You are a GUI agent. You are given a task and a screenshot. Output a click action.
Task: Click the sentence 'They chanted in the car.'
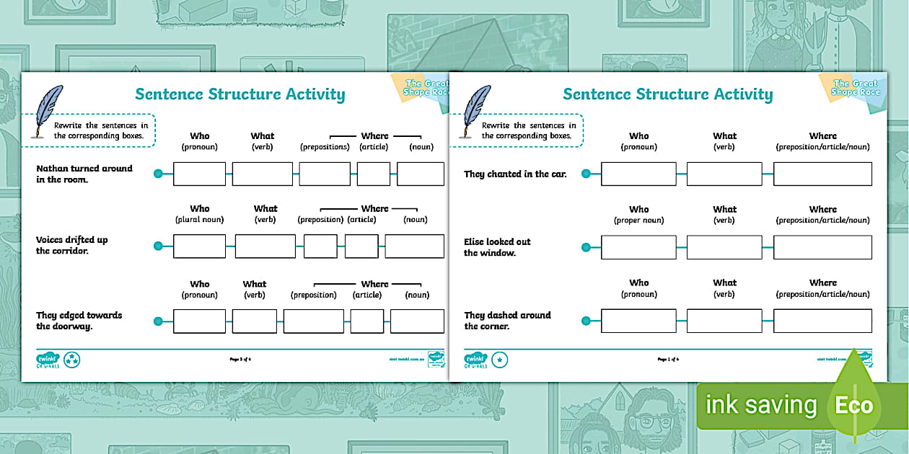(515, 174)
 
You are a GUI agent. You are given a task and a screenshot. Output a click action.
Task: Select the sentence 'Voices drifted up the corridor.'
(72, 245)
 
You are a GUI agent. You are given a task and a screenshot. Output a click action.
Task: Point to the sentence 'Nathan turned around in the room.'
(84, 174)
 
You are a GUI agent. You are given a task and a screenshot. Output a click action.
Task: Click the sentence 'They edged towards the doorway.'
(79, 321)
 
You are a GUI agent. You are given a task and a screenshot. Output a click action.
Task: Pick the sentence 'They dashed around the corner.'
(507, 321)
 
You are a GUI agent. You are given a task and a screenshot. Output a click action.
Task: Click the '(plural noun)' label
(200, 220)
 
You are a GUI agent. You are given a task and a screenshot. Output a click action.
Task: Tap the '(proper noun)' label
(638, 221)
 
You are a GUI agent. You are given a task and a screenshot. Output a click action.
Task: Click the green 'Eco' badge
(854, 405)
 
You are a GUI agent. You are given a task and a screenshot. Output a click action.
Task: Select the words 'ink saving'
(760, 405)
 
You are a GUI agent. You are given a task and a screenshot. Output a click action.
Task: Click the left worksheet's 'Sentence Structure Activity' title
(240, 94)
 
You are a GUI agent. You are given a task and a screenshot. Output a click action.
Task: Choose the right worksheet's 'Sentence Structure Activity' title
(667, 94)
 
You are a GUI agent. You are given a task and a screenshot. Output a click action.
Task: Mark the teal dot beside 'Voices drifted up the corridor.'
(159, 246)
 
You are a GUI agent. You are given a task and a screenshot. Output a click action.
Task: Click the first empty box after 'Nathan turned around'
(200, 174)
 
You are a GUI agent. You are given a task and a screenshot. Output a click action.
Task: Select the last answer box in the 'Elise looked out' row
(822, 247)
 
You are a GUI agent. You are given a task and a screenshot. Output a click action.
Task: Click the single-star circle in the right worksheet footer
(500, 359)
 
